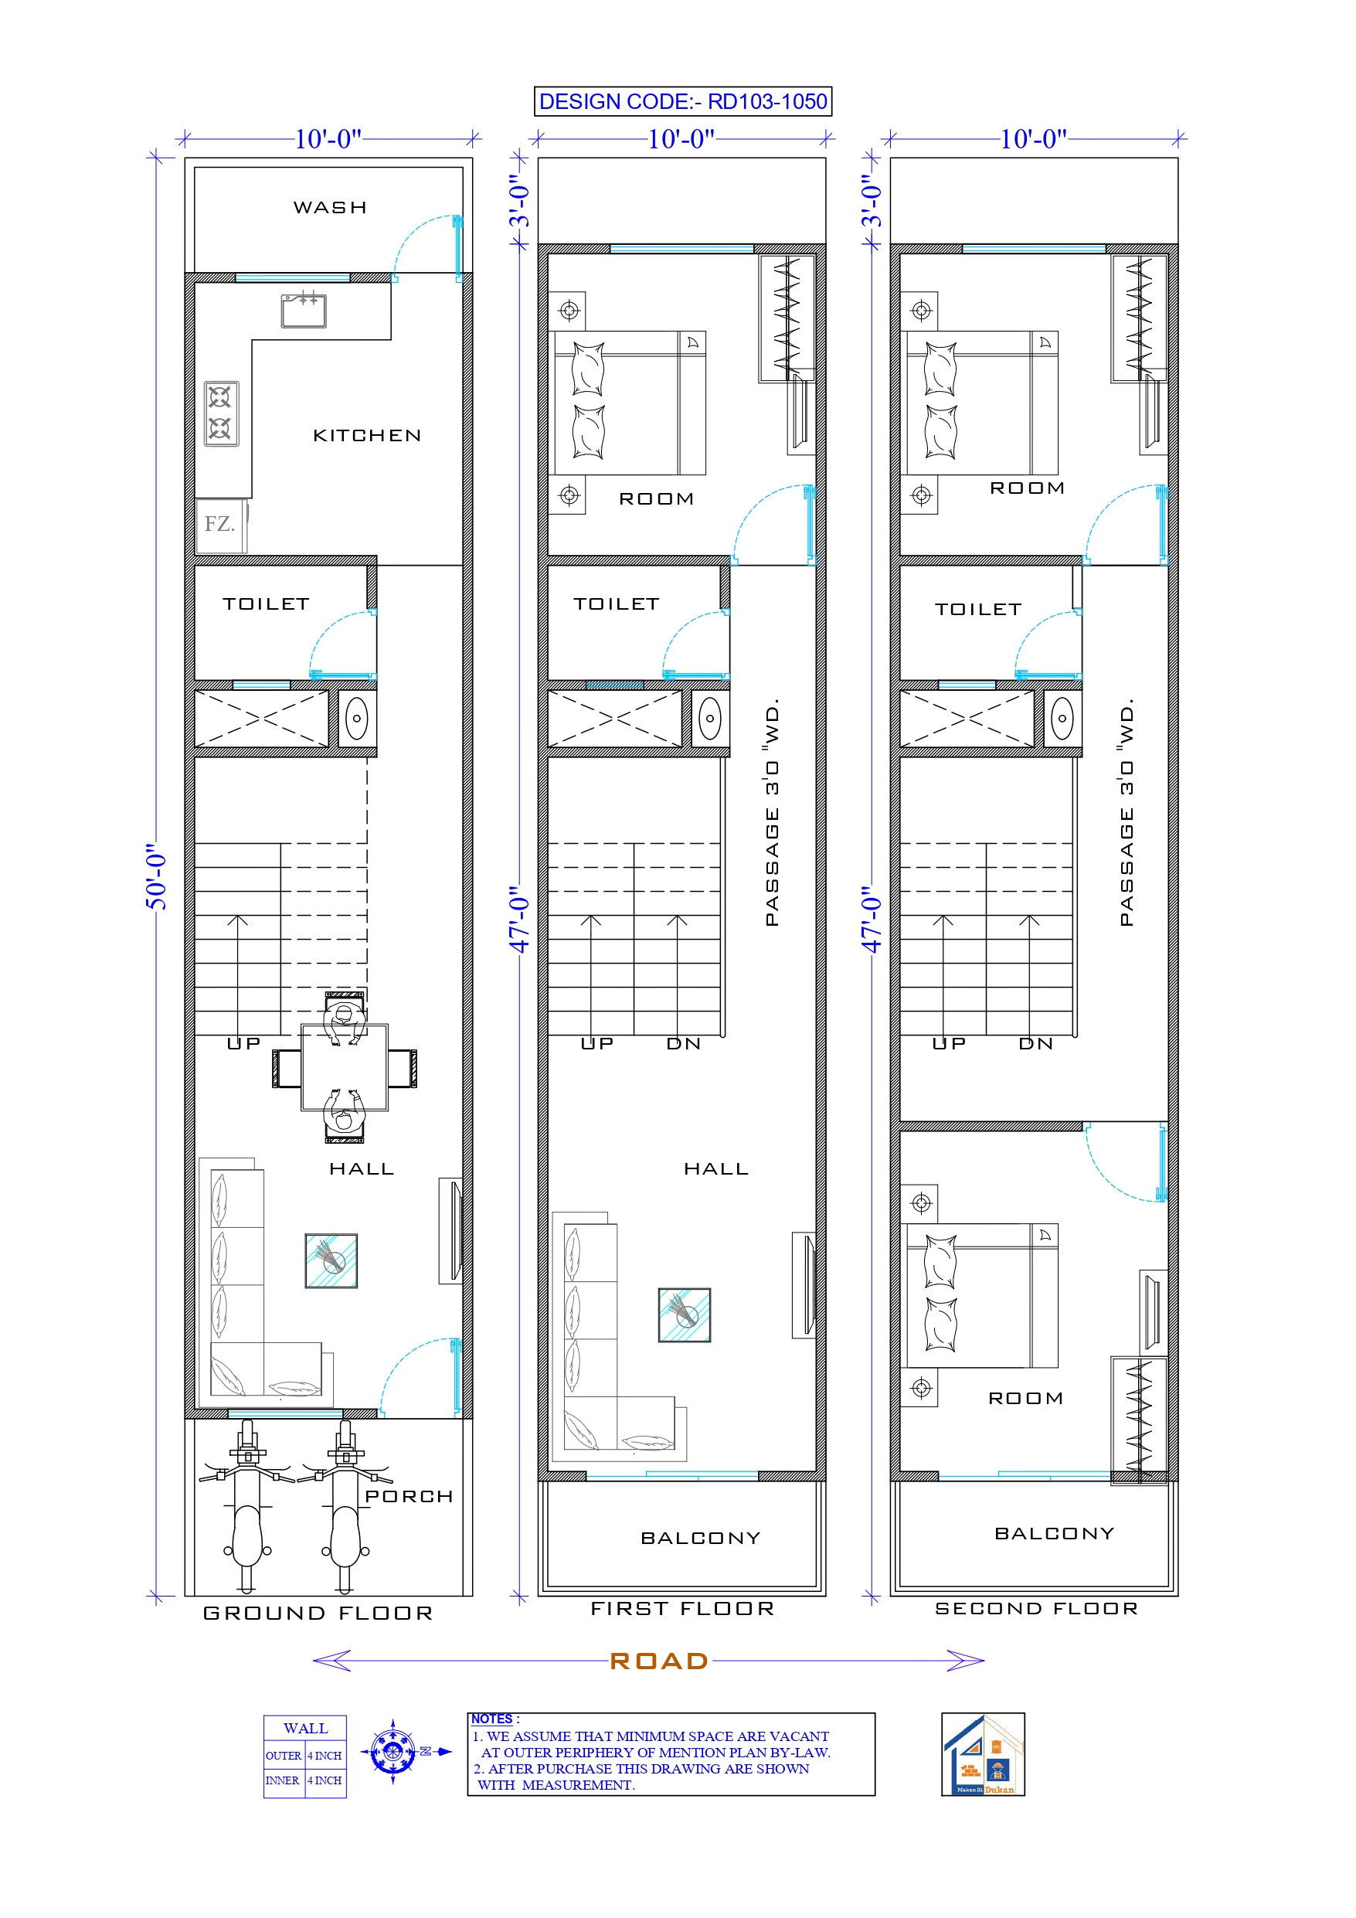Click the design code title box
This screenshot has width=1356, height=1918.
pyautogui.click(x=682, y=101)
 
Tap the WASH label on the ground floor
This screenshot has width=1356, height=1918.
pyautogui.click(x=330, y=207)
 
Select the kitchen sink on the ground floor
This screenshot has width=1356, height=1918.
pyautogui.click(x=304, y=311)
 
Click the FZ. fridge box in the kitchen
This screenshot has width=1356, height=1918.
pyautogui.click(x=219, y=525)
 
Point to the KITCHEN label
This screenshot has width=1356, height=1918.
pyautogui.click(x=367, y=435)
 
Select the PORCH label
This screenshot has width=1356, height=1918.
pyautogui.click(x=409, y=1496)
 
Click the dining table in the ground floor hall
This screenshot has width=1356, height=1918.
pyautogui.click(x=345, y=1068)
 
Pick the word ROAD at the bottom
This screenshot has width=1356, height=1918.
pyautogui.click(x=659, y=1661)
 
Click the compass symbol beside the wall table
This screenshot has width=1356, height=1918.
pyautogui.click(x=392, y=1751)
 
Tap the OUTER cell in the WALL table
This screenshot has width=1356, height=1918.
pyautogui.click(x=284, y=1755)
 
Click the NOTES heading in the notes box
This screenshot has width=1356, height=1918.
pyautogui.click(x=491, y=1719)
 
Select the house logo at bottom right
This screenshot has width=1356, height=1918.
pyautogui.click(x=983, y=1753)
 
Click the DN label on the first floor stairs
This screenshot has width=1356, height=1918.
pyautogui.click(x=684, y=1043)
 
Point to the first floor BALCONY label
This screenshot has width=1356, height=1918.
pyautogui.click(x=700, y=1538)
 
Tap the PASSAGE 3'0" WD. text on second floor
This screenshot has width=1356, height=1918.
pyautogui.click(x=1127, y=812)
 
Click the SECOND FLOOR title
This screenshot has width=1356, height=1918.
pyautogui.click(x=1036, y=1608)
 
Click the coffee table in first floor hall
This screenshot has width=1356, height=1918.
pyautogui.click(x=685, y=1315)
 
